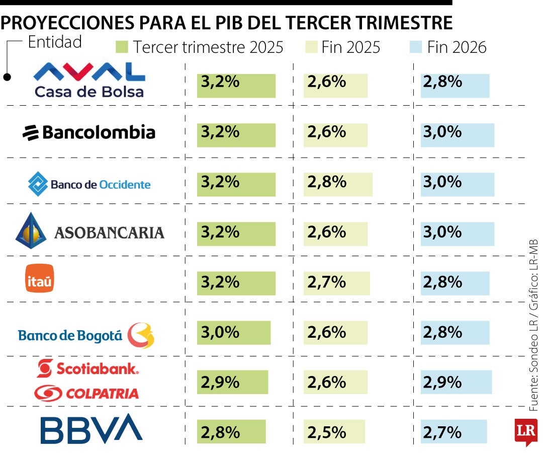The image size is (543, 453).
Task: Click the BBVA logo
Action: (x=91, y=429)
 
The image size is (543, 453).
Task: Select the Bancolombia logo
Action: (x=89, y=133)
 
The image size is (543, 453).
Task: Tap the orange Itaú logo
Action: (x=39, y=278)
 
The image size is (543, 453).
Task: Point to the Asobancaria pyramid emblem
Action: (x=31, y=231)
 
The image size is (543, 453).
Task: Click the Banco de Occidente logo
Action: (x=89, y=184)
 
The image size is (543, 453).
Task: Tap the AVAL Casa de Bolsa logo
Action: (x=89, y=80)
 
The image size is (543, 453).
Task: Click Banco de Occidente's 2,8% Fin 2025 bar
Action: (x=337, y=184)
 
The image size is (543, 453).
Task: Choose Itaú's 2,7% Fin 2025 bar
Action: (x=336, y=283)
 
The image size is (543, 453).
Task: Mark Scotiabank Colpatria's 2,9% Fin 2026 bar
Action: (x=456, y=383)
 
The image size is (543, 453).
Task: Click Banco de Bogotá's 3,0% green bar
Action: (x=233, y=333)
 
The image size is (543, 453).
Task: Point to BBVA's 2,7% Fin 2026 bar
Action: (x=454, y=432)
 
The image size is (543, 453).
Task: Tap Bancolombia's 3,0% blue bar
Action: (x=457, y=134)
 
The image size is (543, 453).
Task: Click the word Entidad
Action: (x=55, y=42)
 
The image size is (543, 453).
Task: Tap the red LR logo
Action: (x=526, y=431)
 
